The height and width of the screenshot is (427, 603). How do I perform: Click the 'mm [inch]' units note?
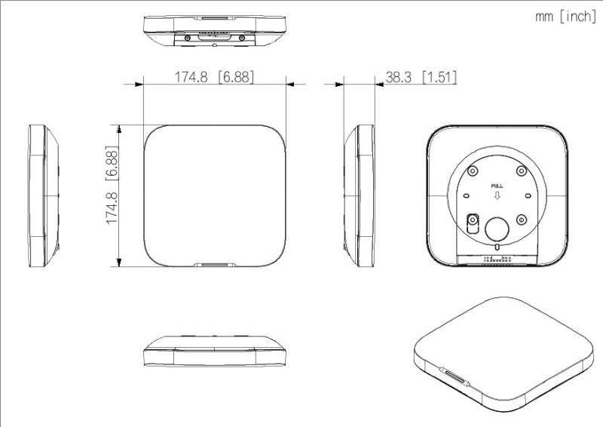[x=565, y=17]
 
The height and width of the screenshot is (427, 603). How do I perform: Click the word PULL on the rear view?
[x=497, y=185]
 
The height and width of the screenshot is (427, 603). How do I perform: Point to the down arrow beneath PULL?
[x=497, y=195]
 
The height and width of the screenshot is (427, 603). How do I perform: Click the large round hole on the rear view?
[x=497, y=229]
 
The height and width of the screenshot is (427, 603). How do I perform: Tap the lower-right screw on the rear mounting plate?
[x=522, y=220]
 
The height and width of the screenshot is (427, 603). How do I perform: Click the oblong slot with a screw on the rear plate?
[x=473, y=223]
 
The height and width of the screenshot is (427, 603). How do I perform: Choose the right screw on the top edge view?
[x=241, y=37]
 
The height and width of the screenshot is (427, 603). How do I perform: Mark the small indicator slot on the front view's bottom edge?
[x=215, y=265]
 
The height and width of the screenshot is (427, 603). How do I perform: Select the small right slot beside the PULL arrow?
[x=523, y=195]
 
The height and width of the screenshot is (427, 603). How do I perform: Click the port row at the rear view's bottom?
[x=497, y=258]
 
